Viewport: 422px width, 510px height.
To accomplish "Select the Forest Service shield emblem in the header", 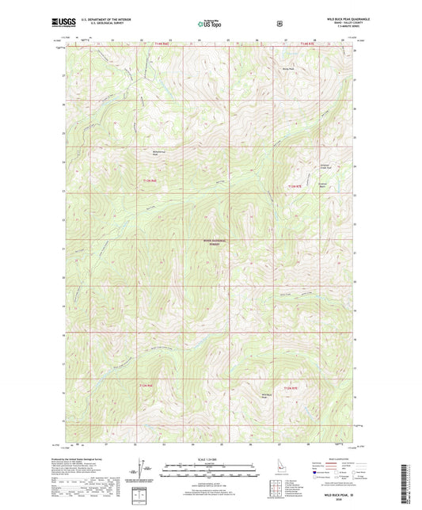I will click(279, 23).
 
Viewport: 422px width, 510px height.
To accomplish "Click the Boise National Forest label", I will click(211, 245).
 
